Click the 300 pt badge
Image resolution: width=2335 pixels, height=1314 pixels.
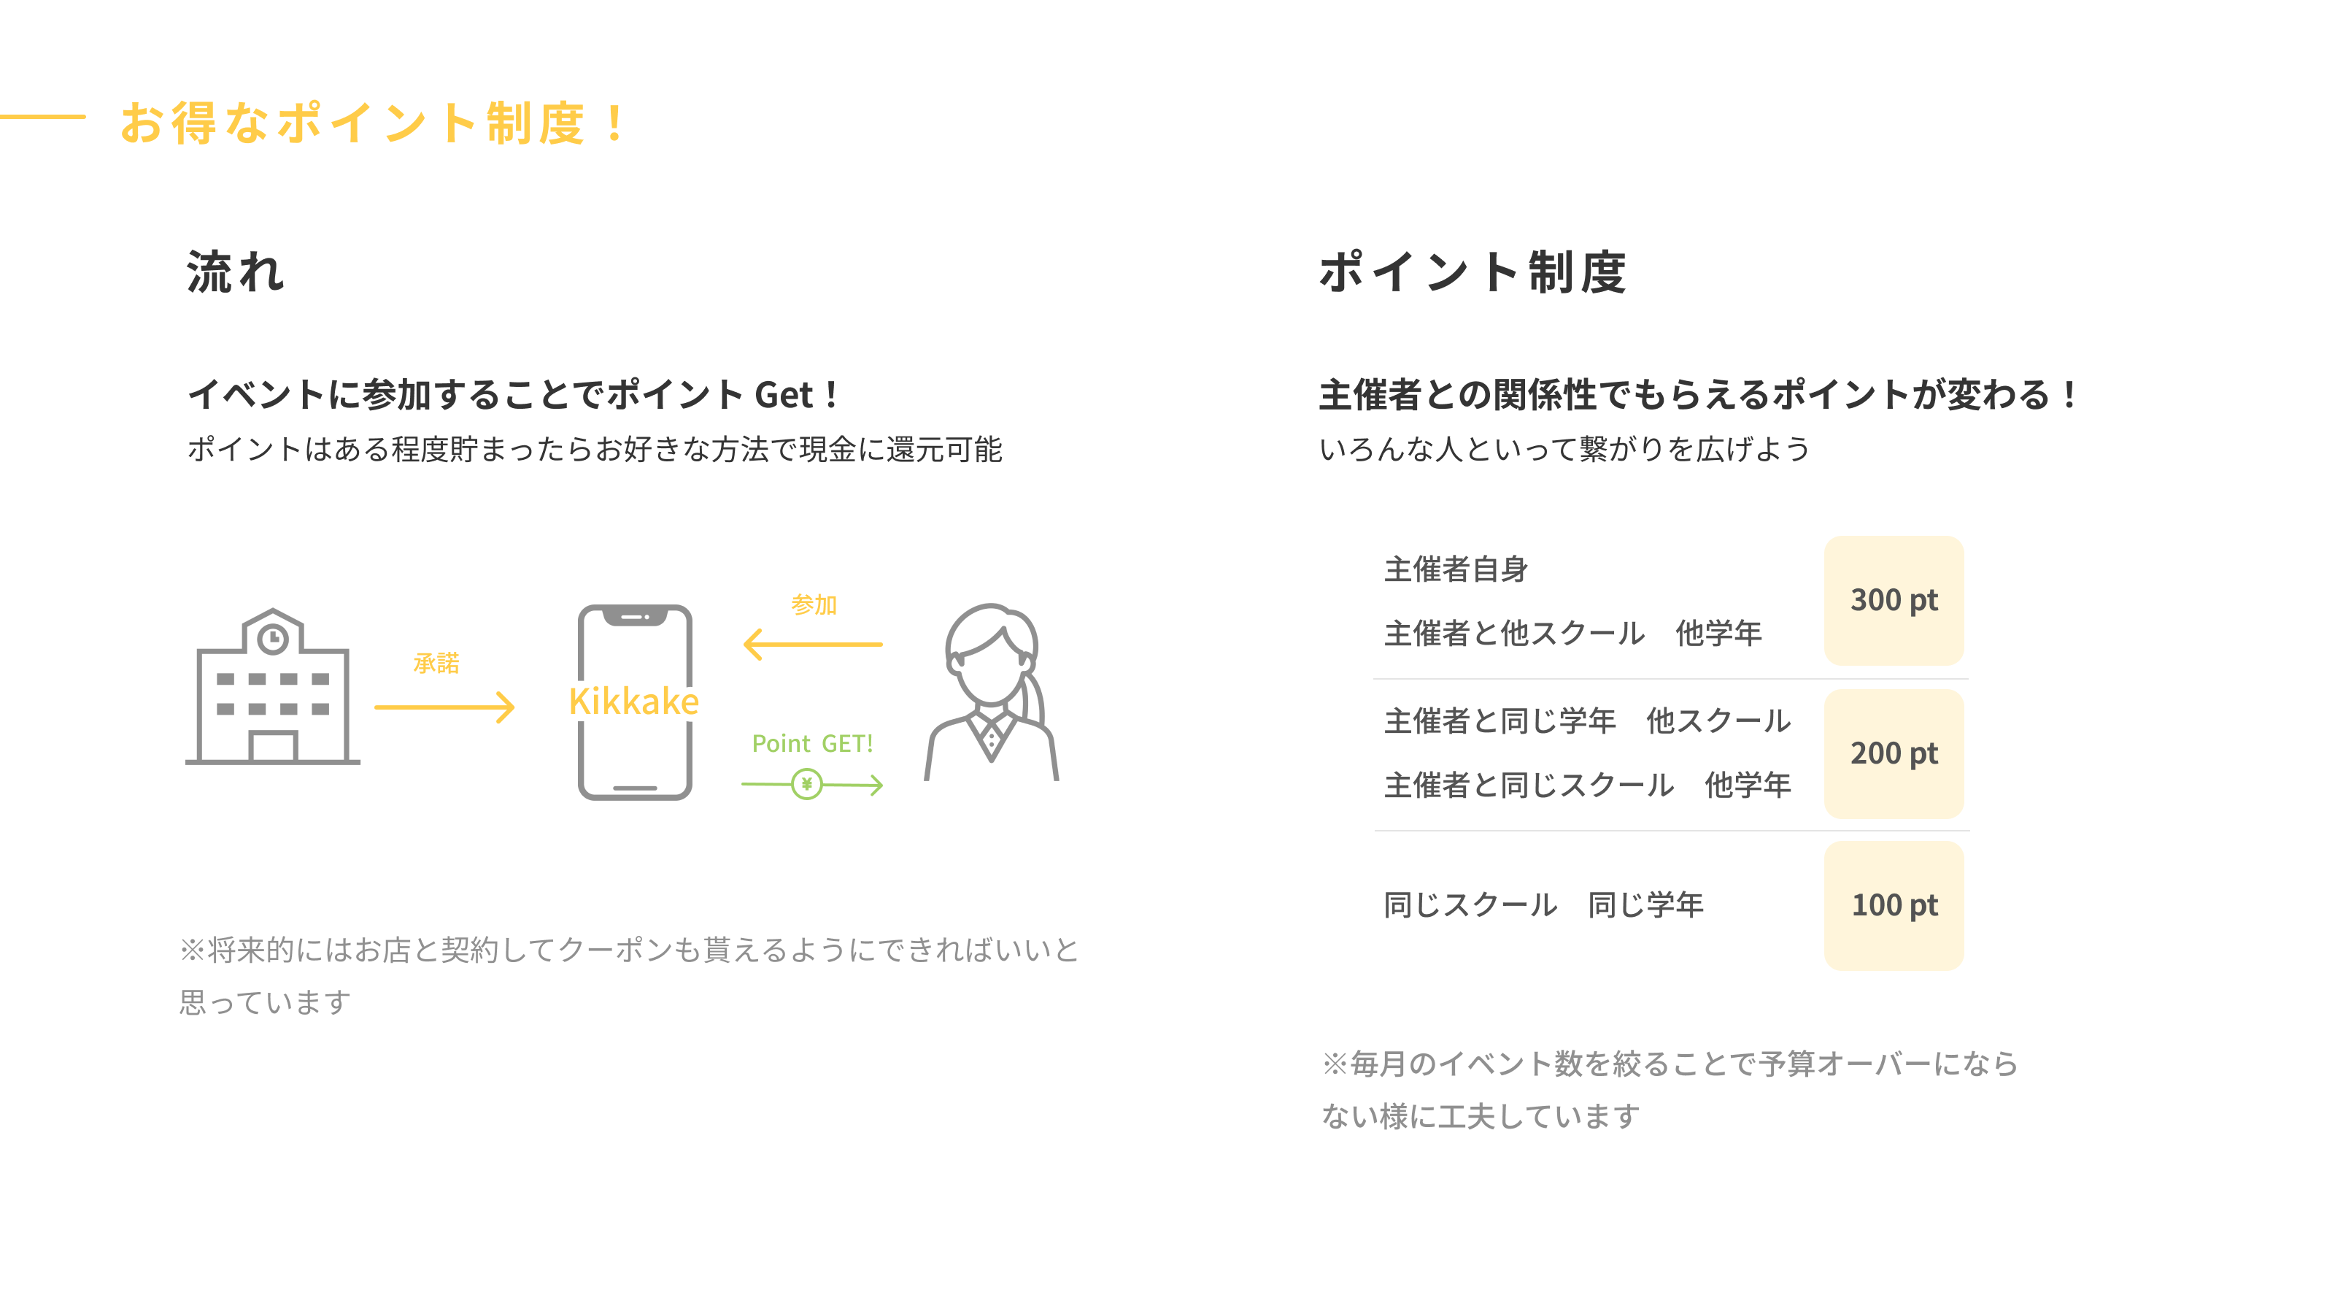click(1894, 600)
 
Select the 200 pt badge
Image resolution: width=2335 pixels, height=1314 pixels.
click(1894, 753)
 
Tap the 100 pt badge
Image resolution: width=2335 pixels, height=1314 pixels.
click(1894, 905)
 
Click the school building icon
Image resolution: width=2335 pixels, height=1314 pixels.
click(273, 686)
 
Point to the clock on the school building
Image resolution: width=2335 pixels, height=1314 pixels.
click(273, 639)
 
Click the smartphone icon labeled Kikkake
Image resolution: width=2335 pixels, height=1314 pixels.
click(635, 702)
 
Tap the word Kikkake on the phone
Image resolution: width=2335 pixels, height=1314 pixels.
click(633, 701)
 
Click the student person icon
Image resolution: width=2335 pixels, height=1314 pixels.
click(991, 693)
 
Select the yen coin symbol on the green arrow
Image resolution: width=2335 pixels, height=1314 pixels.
click(807, 783)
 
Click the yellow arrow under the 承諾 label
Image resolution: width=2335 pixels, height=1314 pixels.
click(444, 707)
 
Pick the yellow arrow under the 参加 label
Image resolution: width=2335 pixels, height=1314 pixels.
click(812, 645)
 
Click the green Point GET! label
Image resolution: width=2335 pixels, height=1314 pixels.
click(812, 744)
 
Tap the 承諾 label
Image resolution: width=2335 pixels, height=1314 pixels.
click(436, 663)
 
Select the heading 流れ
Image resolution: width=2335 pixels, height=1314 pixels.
click(236, 272)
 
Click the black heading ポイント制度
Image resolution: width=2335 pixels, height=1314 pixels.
click(1472, 272)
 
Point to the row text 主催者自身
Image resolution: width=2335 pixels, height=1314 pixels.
click(1456, 569)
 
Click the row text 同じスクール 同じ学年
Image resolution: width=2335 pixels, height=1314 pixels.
click(1544, 905)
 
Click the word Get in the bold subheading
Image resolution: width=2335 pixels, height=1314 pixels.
click(784, 396)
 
